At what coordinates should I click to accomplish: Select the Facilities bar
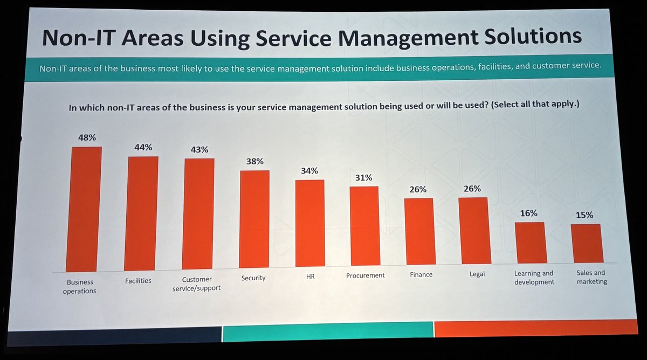141,213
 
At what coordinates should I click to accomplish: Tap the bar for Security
254,219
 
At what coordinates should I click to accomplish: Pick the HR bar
310,223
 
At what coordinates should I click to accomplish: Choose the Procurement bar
365,226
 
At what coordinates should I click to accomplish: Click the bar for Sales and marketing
587,243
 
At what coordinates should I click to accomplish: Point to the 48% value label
86,138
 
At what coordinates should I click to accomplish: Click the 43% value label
199,149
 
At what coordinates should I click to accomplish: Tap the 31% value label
363,177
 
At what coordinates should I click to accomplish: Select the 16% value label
528,213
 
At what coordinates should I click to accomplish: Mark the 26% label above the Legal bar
472,189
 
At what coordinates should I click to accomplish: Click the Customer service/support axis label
197,283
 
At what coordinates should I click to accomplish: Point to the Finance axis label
421,274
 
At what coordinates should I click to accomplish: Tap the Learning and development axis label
534,278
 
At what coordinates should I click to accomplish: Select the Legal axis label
477,274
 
